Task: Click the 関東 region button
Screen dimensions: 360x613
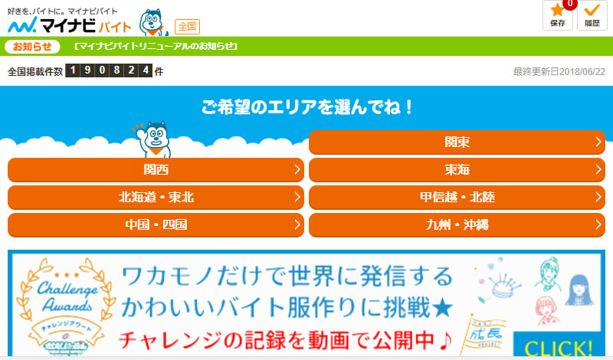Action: coord(457,142)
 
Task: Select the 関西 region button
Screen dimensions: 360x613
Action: coord(156,170)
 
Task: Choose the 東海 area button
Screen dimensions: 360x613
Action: coord(457,170)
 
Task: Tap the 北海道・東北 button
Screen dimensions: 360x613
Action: coord(156,198)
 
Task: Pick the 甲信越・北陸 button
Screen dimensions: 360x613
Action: coord(457,198)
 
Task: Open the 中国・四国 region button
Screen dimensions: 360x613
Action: coord(156,225)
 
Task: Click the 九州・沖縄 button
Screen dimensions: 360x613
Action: coord(457,225)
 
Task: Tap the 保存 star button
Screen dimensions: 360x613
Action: coord(557,15)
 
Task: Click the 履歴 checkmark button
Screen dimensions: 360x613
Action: coord(591,15)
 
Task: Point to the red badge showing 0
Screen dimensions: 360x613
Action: coord(569,4)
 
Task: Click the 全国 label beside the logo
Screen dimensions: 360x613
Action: coord(187,26)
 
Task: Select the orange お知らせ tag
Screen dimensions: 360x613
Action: coord(32,46)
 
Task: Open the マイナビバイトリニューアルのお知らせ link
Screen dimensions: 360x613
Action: coord(156,46)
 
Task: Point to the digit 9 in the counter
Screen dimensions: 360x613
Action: coord(87,71)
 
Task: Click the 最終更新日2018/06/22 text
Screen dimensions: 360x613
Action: coord(559,72)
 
